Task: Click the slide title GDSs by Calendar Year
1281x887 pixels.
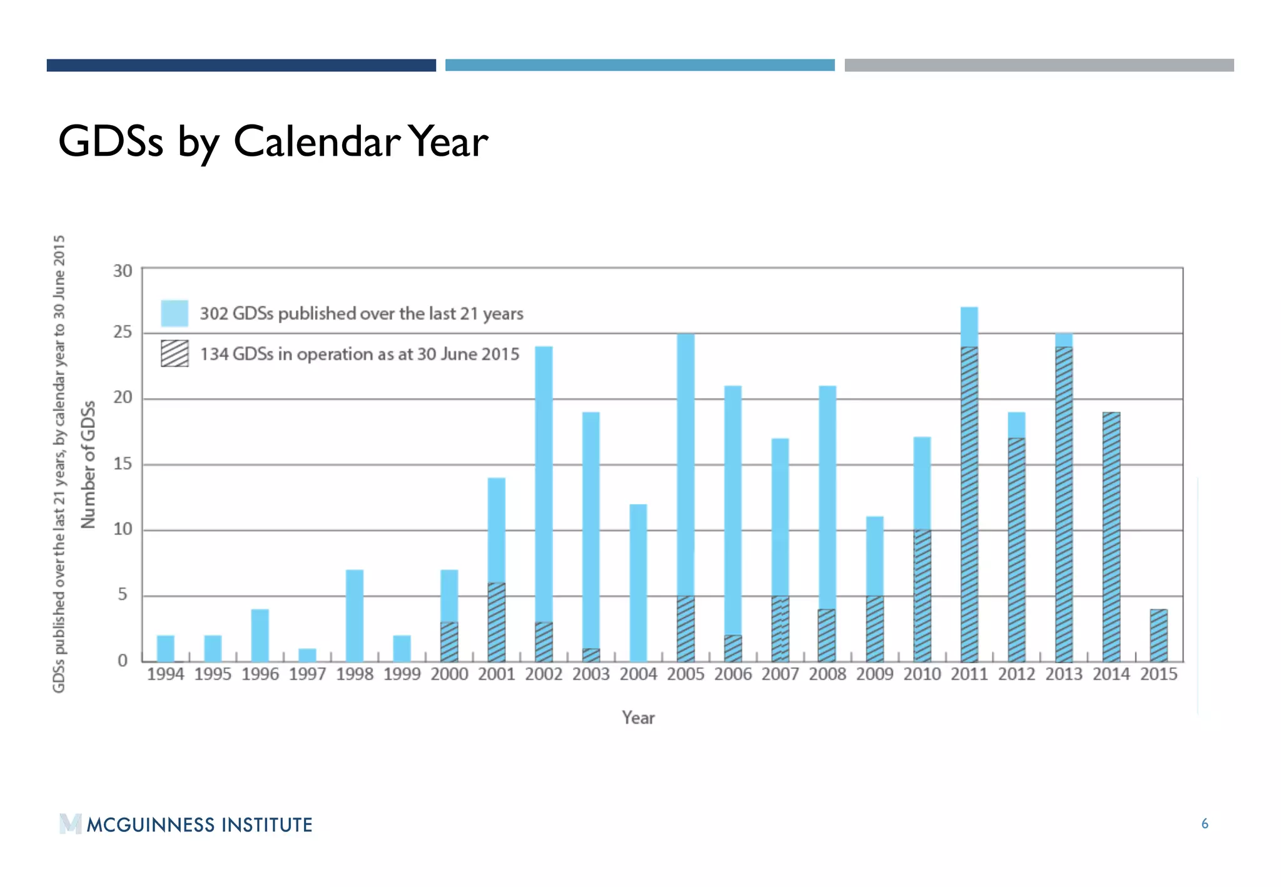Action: pos(273,142)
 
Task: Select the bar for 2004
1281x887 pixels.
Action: pos(638,583)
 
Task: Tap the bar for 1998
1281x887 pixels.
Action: pos(355,616)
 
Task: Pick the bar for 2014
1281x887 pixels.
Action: pos(1111,537)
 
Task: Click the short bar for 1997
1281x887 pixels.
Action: pos(307,655)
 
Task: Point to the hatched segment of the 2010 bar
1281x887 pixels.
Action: pos(922,596)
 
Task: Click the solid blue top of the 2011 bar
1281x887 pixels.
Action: pos(969,327)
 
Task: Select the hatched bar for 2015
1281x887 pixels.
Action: pos(1158,636)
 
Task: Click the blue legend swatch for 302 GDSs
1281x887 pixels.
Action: pos(175,313)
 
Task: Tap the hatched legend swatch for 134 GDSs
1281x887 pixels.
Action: pos(175,353)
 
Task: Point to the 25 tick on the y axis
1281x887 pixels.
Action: pos(123,332)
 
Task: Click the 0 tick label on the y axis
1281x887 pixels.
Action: pos(123,661)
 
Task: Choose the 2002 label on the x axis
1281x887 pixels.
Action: pos(544,674)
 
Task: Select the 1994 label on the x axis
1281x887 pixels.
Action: pos(165,674)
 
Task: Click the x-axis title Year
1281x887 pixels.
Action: pos(638,717)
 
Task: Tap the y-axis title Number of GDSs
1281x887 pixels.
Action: pos(89,464)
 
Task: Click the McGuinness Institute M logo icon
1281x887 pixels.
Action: pos(70,824)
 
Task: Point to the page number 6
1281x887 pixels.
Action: pos(1205,824)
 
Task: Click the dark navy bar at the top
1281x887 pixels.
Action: pos(241,65)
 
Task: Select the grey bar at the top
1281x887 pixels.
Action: pos(1039,65)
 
